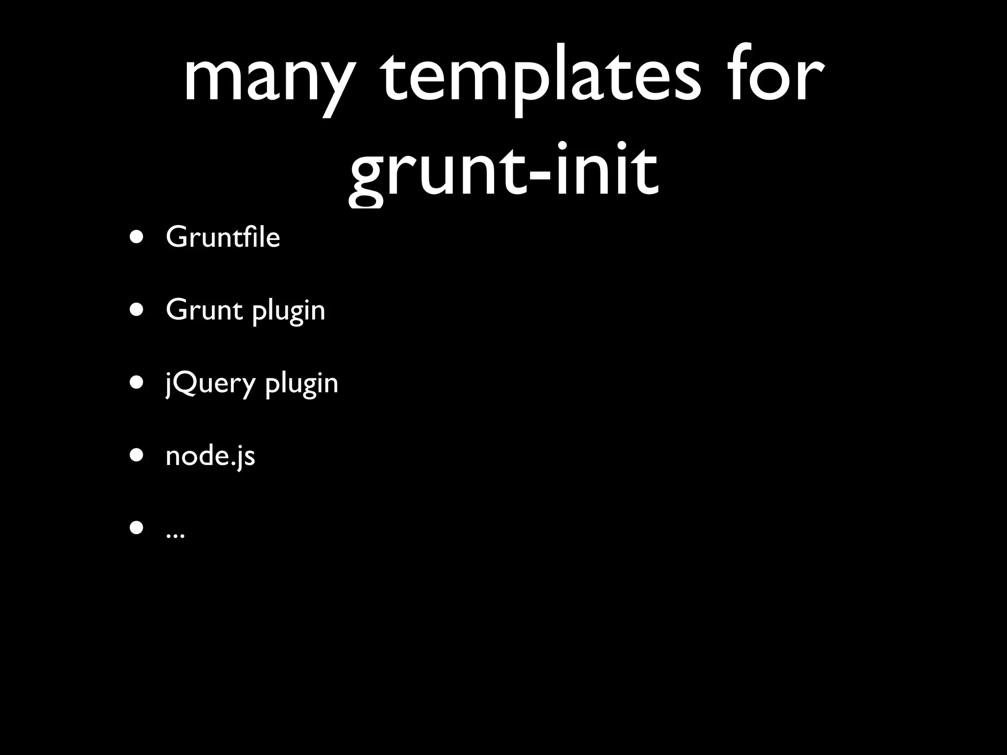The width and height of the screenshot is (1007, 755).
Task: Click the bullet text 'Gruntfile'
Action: click(223, 237)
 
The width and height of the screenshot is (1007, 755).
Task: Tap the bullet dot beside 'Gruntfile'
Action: click(137, 237)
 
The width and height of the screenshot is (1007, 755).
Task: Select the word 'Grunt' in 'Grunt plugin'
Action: click(204, 310)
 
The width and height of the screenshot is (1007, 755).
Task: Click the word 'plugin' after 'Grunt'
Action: click(289, 312)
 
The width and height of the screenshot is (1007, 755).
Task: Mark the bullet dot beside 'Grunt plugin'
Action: click(137, 310)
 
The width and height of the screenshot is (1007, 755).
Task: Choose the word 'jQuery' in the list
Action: click(210, 384)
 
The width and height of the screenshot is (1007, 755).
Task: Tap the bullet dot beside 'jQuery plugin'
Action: click(137, 383)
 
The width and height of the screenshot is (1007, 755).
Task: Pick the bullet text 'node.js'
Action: click(210, 456)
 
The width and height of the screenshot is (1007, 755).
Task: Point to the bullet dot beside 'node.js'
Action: click(137, 456)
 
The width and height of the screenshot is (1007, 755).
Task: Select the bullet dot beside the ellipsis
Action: click(137, 528)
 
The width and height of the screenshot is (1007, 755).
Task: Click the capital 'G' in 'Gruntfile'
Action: click(178, 237)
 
